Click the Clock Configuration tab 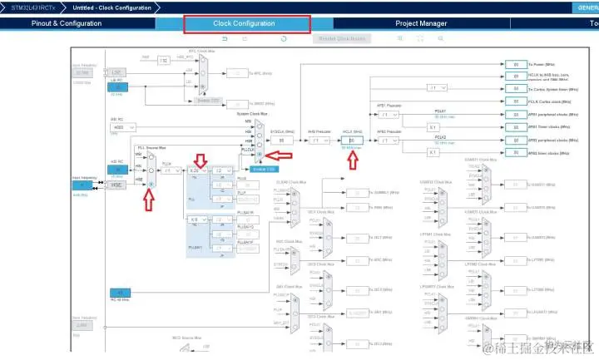coord(244,23)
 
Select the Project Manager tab coord(421,23)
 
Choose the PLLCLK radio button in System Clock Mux coord(260,155)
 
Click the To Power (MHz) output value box coord(517,64)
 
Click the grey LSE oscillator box coord(117,72)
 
